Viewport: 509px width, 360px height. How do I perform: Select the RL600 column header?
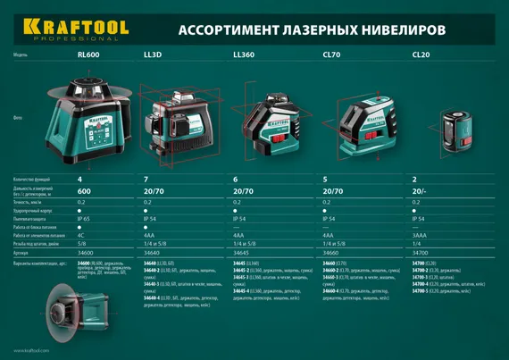click(89, 55)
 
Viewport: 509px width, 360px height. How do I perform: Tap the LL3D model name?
click(153, 55)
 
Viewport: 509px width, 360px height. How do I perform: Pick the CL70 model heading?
click(330, 55)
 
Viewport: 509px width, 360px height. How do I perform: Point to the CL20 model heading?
click(421, 55)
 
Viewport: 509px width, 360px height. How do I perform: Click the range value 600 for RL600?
click(85, 191)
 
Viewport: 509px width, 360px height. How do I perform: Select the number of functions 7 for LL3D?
click(146, 180)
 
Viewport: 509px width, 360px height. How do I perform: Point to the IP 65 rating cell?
click(87, 218)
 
